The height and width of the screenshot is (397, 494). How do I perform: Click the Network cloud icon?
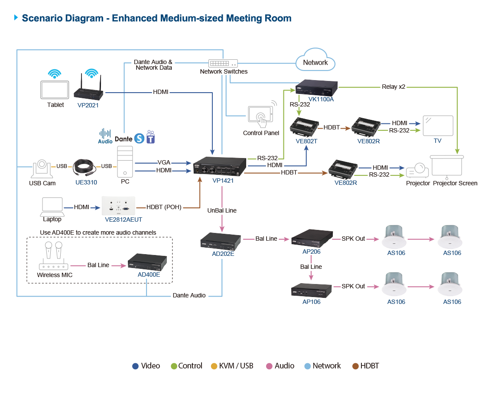pos(315,61)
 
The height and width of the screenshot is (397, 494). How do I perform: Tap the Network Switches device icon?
pos(224,63)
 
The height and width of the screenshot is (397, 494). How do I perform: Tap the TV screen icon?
pos(438,126)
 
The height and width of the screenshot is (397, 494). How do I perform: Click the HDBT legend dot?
pos(356,366)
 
